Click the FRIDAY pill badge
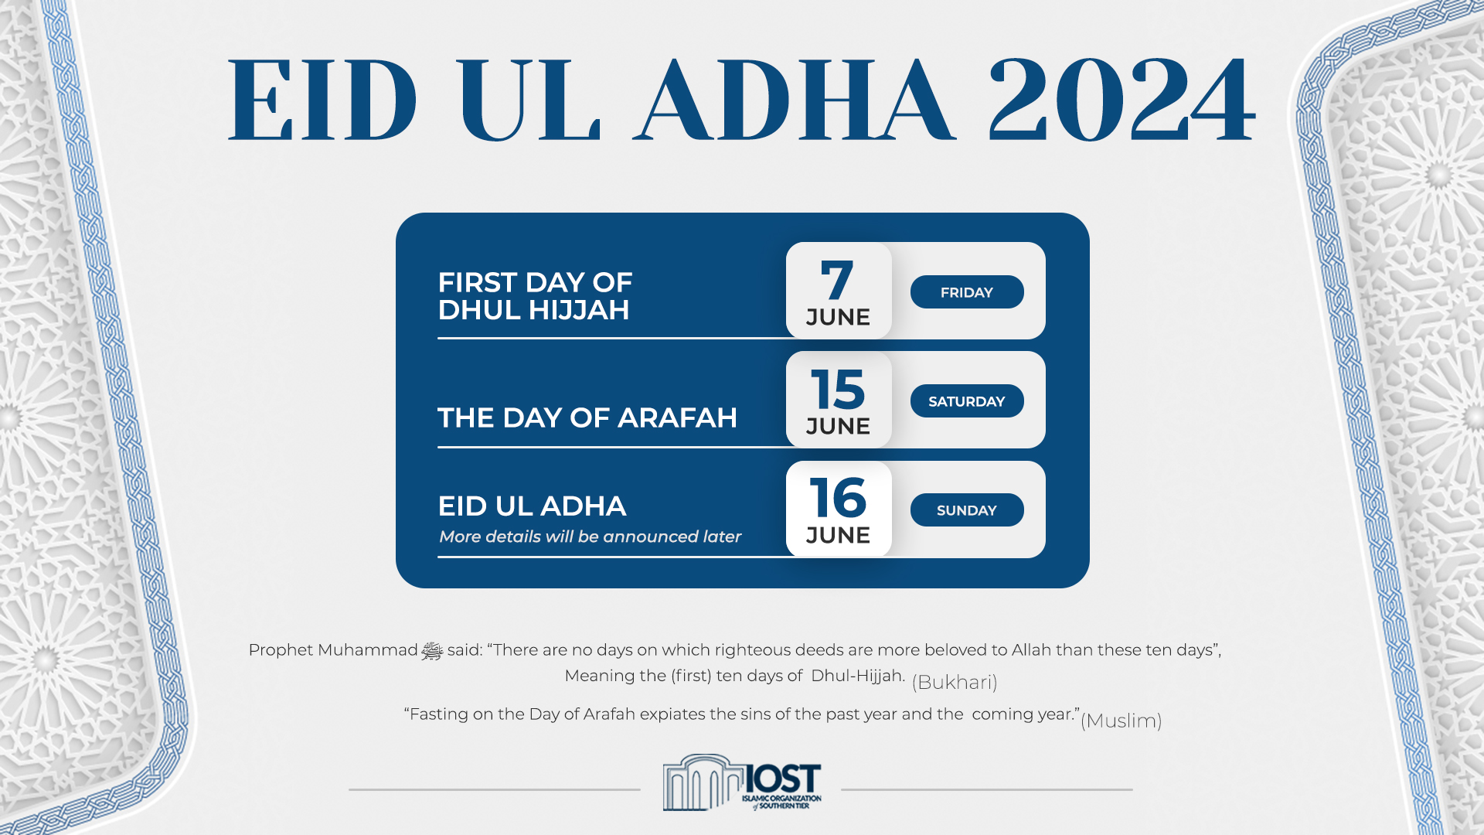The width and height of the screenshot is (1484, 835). point(967,292)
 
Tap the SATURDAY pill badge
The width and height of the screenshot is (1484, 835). point(967,401)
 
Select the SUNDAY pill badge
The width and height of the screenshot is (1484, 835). point(967,510)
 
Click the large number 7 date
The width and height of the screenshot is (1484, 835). point(837,281)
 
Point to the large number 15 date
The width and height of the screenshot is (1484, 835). point(838,390)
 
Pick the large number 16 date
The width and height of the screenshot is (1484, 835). point(838,499)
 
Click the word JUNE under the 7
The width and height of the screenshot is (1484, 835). point(838,317)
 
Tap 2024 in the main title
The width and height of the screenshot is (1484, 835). point(1122,101)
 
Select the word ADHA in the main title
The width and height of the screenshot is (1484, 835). point(795,101)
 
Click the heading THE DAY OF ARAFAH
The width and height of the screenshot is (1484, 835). point(587,417)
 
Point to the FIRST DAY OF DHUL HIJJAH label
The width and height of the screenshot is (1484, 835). point(535,296)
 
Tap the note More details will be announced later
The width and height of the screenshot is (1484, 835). point(590,537)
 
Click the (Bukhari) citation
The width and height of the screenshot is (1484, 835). point(955,682)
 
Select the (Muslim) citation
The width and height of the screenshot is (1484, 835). point(1121,721)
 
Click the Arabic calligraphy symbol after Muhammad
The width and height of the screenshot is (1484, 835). point(432,651)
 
